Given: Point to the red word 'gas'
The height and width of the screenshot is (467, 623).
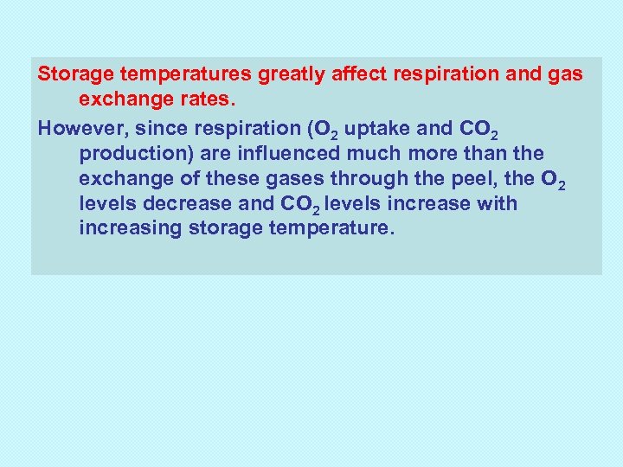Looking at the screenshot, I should point(566,75).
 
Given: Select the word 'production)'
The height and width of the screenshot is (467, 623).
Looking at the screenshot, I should point(131,154).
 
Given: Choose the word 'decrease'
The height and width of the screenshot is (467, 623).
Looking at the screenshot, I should point(179,204).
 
